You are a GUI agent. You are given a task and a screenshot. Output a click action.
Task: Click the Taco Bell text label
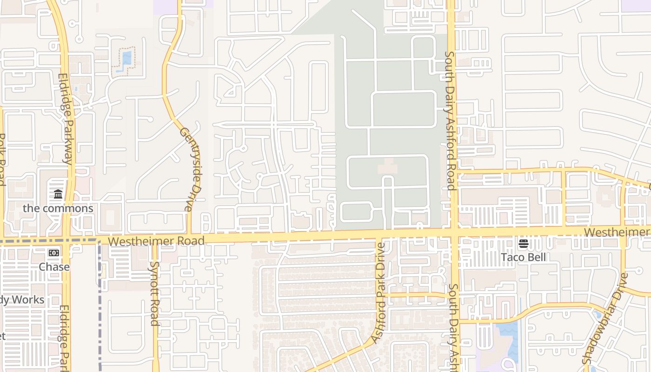tap(523, 257)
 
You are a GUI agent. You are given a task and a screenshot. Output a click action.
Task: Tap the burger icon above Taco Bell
tap(524, 244)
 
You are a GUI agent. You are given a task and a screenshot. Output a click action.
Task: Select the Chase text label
tap(54, 267)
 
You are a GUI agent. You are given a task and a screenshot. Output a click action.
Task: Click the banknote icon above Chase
tap(54, 253)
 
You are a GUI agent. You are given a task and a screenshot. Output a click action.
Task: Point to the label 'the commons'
tap(58, 208)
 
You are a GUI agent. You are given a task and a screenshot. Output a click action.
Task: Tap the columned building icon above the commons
tap(58, 194)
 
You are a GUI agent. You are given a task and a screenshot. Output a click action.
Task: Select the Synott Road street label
tap(154, 293)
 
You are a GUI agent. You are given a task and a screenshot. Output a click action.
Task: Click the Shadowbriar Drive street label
tap(605, 319)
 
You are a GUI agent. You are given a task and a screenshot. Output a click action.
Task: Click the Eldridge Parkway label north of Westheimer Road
tap(66, 119)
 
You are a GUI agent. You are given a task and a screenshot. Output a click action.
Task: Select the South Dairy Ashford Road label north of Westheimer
tap(450, 121)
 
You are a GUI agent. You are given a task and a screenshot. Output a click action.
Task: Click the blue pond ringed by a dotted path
tap(126, 58)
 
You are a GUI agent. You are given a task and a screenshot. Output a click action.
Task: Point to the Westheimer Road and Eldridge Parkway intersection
tap(68, 240)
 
